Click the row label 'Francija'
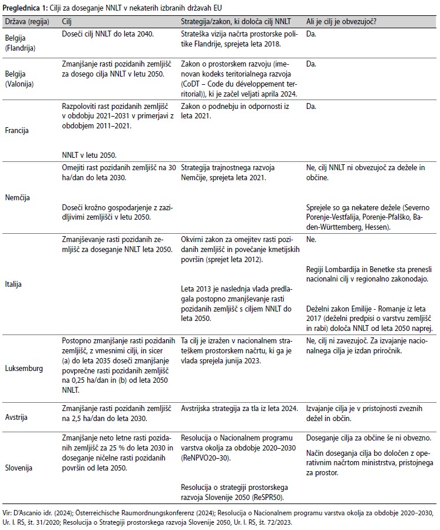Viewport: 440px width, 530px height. pos(17,130)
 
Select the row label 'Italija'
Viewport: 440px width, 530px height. pos(14,284)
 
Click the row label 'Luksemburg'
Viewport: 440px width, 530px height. pos(24,369)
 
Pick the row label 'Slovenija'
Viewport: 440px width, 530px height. pos(19,469)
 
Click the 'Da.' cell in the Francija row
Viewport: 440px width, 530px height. pos(311,107)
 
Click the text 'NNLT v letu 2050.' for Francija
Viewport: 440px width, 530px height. pos(89,155)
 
